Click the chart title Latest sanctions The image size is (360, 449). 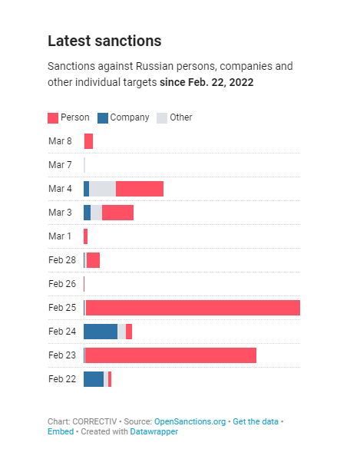pyautogui.click(x=104, y=41)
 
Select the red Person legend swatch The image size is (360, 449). pyautogui.click(x=53, y=118)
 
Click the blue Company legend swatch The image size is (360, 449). pyautogui.click(x=103, y=118)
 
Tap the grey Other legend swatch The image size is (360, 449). pyautogui.click(x=162, y=118)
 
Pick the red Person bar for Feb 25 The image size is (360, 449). pyautogui.click(x=192, y=308)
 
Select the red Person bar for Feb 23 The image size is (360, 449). pyautogui.click(x=170, y=355)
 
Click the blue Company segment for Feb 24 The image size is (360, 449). pyautogui.click(x=101, y=332)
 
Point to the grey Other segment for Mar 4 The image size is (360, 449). pyautogui.click(x=102, y=189)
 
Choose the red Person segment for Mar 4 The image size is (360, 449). pyautogui.click(x=140, y=189)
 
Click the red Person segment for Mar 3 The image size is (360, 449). pyautogui.click(x=117, y=213)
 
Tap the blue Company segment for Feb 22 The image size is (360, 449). pyautogui.click(x=94, y=379)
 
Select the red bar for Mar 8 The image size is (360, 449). pyautogui.click(x=88, y=141)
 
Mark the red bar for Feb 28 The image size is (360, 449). pyautogui.click(x=93, y=260)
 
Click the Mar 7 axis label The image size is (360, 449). pyautogui.click(x=60, y=165)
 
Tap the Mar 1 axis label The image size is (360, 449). pyautogui.click(x=60, y=236)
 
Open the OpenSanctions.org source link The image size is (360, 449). pyautogui.click(x=190, y=421)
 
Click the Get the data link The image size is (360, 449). pyautogui.click(x=256, y=421)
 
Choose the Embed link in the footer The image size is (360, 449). pyautogui.click(x=60, y=431)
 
